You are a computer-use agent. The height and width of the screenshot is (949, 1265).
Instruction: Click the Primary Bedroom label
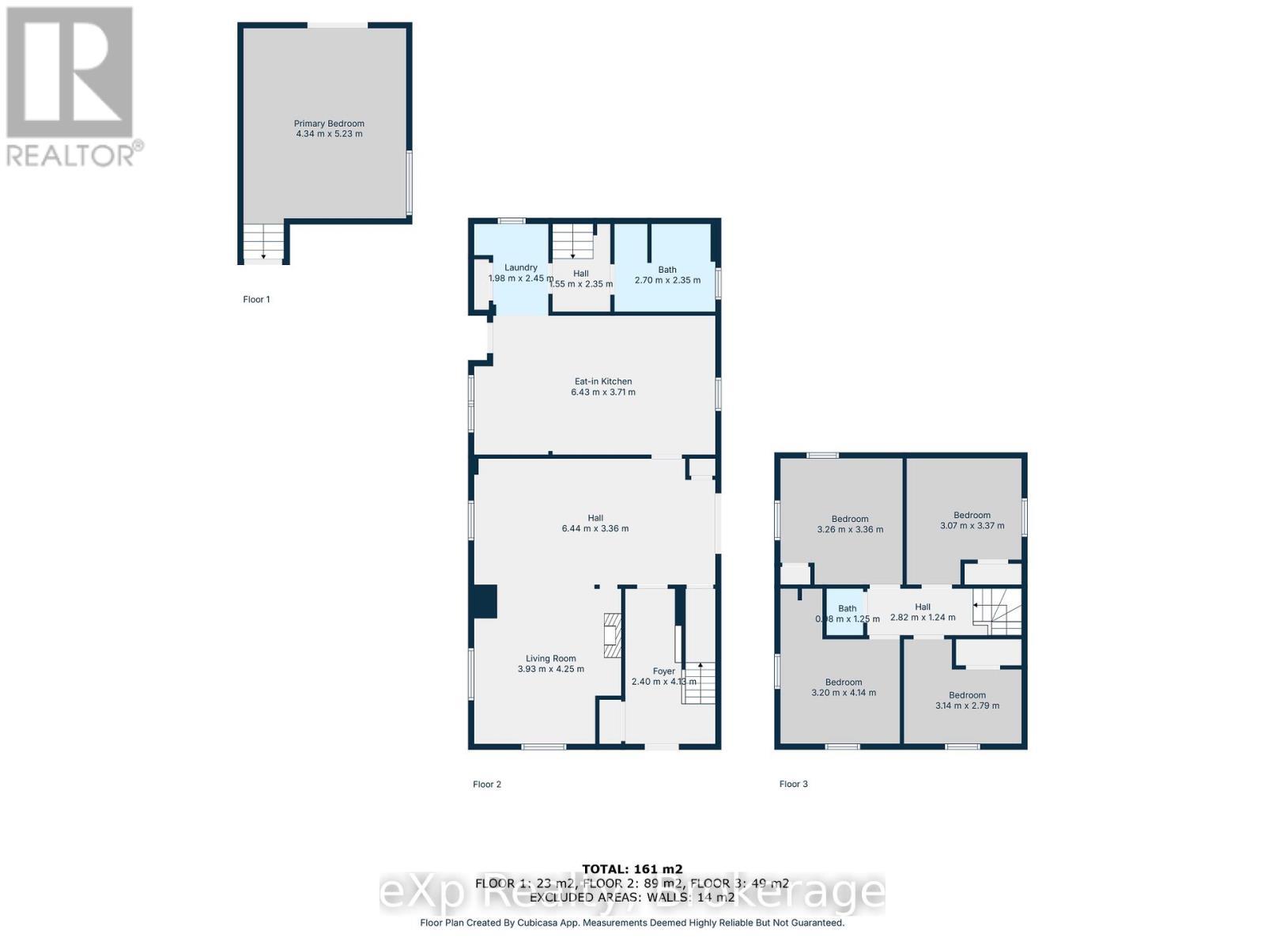pos(329,123)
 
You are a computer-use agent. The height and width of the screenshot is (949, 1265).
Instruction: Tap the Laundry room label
pos(521,267)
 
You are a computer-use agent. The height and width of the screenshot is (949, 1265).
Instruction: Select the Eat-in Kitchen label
pos(603,381)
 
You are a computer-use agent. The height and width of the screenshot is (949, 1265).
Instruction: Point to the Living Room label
pos(551,658)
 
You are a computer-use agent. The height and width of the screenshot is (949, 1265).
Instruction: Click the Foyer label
pos(664,671)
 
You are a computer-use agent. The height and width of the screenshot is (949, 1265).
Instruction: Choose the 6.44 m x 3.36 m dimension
pos(595,529)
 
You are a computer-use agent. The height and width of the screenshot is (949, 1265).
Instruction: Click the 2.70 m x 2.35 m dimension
pos(667,280)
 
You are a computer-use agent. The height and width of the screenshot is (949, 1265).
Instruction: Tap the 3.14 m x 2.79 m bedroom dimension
pos(967,706)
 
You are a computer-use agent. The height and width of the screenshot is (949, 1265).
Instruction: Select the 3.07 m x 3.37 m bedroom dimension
pos(972,526)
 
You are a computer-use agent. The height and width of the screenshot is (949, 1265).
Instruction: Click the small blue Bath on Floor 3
pos(847,608)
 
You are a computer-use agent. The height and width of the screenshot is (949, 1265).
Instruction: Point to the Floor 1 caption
pos(256,300)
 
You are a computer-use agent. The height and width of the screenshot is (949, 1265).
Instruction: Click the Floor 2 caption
pos(487,785)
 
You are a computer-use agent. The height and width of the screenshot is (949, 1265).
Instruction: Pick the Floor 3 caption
pos(793,785)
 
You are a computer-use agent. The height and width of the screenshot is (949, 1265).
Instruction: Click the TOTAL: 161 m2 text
pos(632,869)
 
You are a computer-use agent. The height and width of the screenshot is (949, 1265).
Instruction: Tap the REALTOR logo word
pos(71,155)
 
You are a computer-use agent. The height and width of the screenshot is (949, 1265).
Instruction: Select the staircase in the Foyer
pos(699,683)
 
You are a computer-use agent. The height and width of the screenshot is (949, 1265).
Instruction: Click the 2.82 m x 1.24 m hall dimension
pos(923,618)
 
